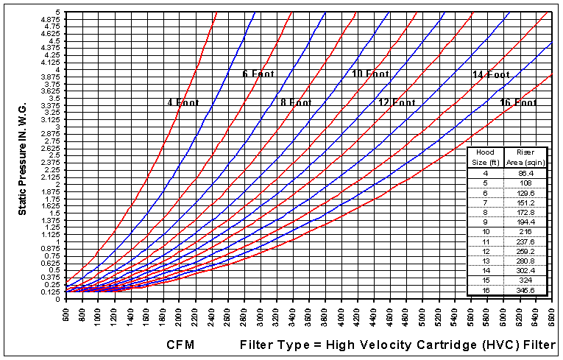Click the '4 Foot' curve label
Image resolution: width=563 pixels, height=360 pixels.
(183, 102)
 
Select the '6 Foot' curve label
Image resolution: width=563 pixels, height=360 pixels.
(258, 74)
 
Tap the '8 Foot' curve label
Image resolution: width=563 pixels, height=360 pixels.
(296, 102)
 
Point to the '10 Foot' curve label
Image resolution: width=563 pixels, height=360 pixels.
(370, 74)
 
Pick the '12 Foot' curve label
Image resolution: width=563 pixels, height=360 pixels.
(397, 102)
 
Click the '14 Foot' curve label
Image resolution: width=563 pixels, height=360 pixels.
(491, 74)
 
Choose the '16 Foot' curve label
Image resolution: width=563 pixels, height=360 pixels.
(518, 102)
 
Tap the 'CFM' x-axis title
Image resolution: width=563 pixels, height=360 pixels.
(180, 344)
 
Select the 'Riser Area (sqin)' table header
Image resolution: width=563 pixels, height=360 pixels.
(524, 158)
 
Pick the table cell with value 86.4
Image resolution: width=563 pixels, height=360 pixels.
(525, 172)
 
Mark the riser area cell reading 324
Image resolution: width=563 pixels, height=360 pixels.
(525, 280)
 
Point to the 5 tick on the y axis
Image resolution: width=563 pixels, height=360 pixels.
(57, 13)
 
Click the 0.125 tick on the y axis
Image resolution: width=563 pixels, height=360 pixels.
(51, 292)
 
